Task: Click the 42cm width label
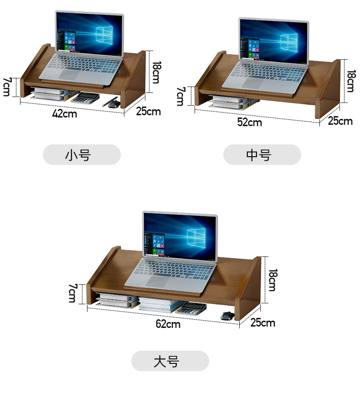65,114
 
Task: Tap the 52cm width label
249,122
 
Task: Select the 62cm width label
168,324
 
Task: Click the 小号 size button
82,155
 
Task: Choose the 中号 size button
262,155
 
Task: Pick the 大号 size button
170,361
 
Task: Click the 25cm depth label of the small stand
149,112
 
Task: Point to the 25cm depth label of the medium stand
340,121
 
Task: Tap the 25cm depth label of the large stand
263,323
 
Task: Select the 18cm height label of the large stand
273,280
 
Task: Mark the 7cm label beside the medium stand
180,96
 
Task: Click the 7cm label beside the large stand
72,293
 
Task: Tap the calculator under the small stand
87,97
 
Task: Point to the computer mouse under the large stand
226,316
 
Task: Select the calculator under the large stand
192,309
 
